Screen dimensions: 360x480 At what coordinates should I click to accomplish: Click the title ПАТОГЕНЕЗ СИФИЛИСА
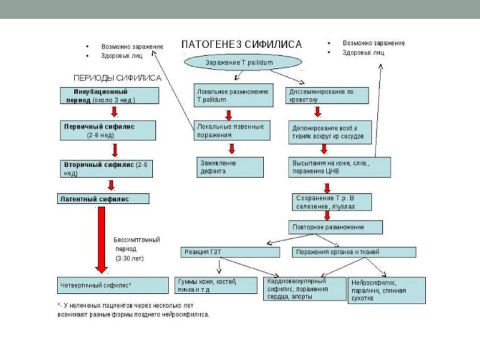pos(242,44)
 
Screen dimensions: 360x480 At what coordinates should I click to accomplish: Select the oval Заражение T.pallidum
pos(242,62)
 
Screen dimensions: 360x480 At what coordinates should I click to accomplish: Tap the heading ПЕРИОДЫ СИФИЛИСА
pos(116,77)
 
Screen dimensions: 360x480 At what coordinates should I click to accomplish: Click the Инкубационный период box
pos(109,96)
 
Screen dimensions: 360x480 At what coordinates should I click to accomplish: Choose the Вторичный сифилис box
pos(106,167)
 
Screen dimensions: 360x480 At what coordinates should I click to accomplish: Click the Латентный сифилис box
pos(104,198)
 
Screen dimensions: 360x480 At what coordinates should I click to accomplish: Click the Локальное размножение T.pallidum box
pos(230,95)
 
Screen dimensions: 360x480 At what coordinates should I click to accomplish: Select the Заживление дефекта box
pos(230,167)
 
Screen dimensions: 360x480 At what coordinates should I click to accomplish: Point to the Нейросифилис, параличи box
pos(386,290)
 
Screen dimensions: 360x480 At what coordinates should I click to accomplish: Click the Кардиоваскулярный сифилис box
pos(305,289)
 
